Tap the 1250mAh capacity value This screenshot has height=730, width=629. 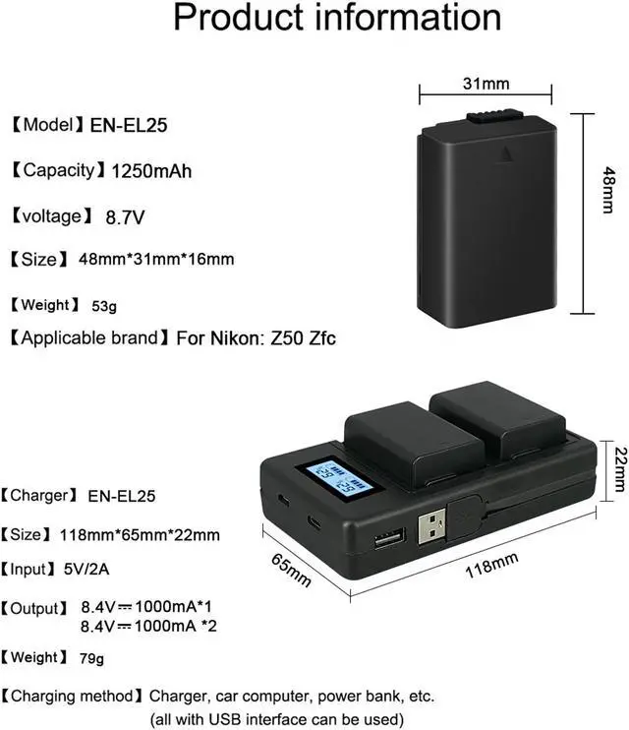[151, 171]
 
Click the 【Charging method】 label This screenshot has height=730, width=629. [74, 696]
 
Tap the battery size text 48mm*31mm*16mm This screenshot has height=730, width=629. [157, 260]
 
